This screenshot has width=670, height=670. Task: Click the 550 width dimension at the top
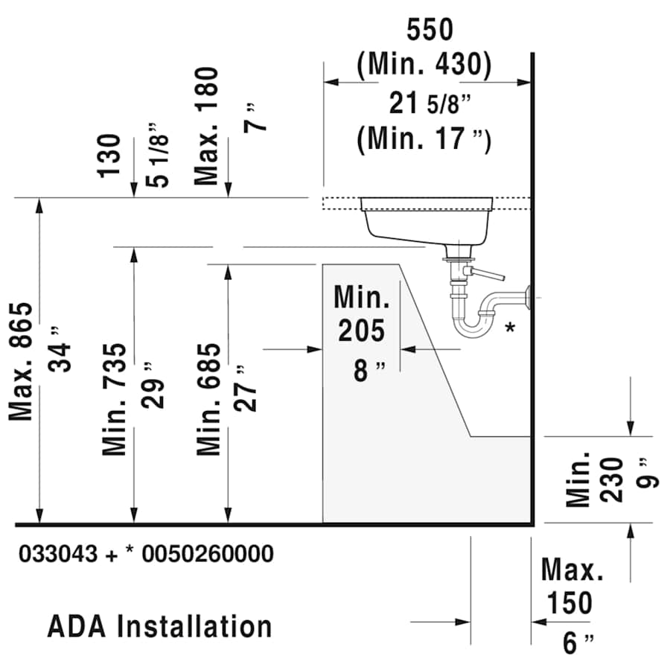coord(430,30)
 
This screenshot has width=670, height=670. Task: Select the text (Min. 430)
coord(424,66)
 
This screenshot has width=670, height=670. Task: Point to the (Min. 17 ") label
coord(424,139)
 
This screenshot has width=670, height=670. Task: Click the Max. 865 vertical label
coord(22,361)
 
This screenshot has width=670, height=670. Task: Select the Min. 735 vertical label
coord(115,399)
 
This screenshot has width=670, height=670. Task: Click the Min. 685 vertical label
coord(209,399)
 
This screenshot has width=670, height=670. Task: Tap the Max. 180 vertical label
coord(207,125)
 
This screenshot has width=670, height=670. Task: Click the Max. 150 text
coord(572,587)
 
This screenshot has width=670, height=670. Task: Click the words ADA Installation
coord(159,626)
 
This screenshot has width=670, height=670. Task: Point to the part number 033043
coord(58,554)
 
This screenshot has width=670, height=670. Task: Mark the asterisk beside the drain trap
coord(510,328)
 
